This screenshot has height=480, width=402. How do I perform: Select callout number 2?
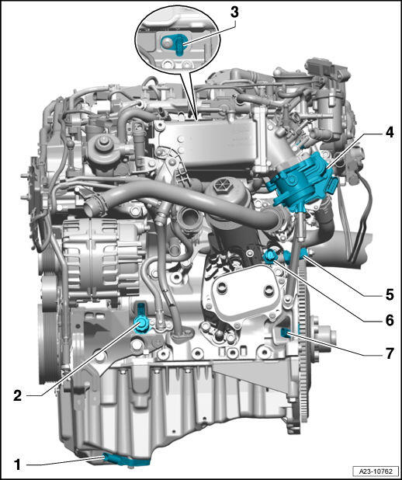tap(17, 396)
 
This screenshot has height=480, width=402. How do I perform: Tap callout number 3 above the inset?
tap(234, 12)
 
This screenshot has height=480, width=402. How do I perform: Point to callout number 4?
tap(389, 133)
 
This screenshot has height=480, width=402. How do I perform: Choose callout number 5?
tap(390, 294)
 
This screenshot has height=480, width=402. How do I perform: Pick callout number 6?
tap(390, 321)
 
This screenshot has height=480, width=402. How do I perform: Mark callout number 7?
tap(390, 354)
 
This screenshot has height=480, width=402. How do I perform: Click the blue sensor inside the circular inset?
tap(175, 43)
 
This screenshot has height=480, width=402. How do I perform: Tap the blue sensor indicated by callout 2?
tap(142, 319)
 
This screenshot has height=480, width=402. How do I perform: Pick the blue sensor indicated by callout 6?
tap(270, 256)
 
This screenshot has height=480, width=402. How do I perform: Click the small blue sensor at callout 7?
tap(285, 332)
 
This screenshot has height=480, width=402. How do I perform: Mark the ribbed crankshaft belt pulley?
tap(50, 343)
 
